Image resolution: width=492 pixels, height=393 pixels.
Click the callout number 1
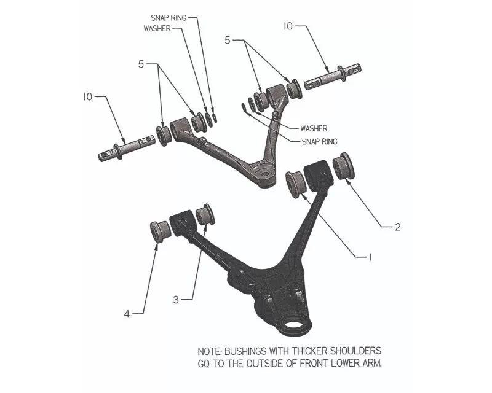pyautogui.click(x=370, y=257)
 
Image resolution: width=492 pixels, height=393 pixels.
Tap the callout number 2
pyautogui.click(x=397, y=227)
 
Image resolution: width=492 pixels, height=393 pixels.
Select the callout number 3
pyautogui.click(x=176, y=300)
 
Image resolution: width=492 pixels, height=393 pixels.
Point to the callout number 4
pyautogui.click(x=127, y=314)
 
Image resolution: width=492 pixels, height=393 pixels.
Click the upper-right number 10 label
pyautogui.click(x=288, y=26)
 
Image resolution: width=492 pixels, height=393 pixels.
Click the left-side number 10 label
pyautogui.click(x=88, y=97)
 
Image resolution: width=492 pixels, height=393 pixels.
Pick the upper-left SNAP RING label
pyautogui.click(x=169, y=18)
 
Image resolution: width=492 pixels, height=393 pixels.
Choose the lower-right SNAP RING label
pyautogui.click(x=319, y=142)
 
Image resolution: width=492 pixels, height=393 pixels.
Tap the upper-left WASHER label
pyautogui.click(x=157, y=28)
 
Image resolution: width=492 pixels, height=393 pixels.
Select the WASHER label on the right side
pyautogui.click(x=314, y=128)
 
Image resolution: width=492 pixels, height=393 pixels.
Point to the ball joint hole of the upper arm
pyautogui.click(x=265, y=174)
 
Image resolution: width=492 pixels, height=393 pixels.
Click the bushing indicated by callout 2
pyautogui.click(x=344, y=165)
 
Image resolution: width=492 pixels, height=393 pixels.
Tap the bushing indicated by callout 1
pyautogui.click(x=296, y=184)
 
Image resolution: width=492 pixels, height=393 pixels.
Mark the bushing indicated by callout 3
pyautogui.click(x=205, y=215)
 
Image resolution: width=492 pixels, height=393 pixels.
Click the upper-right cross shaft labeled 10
pyautogui.click(x=333, y=76)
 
